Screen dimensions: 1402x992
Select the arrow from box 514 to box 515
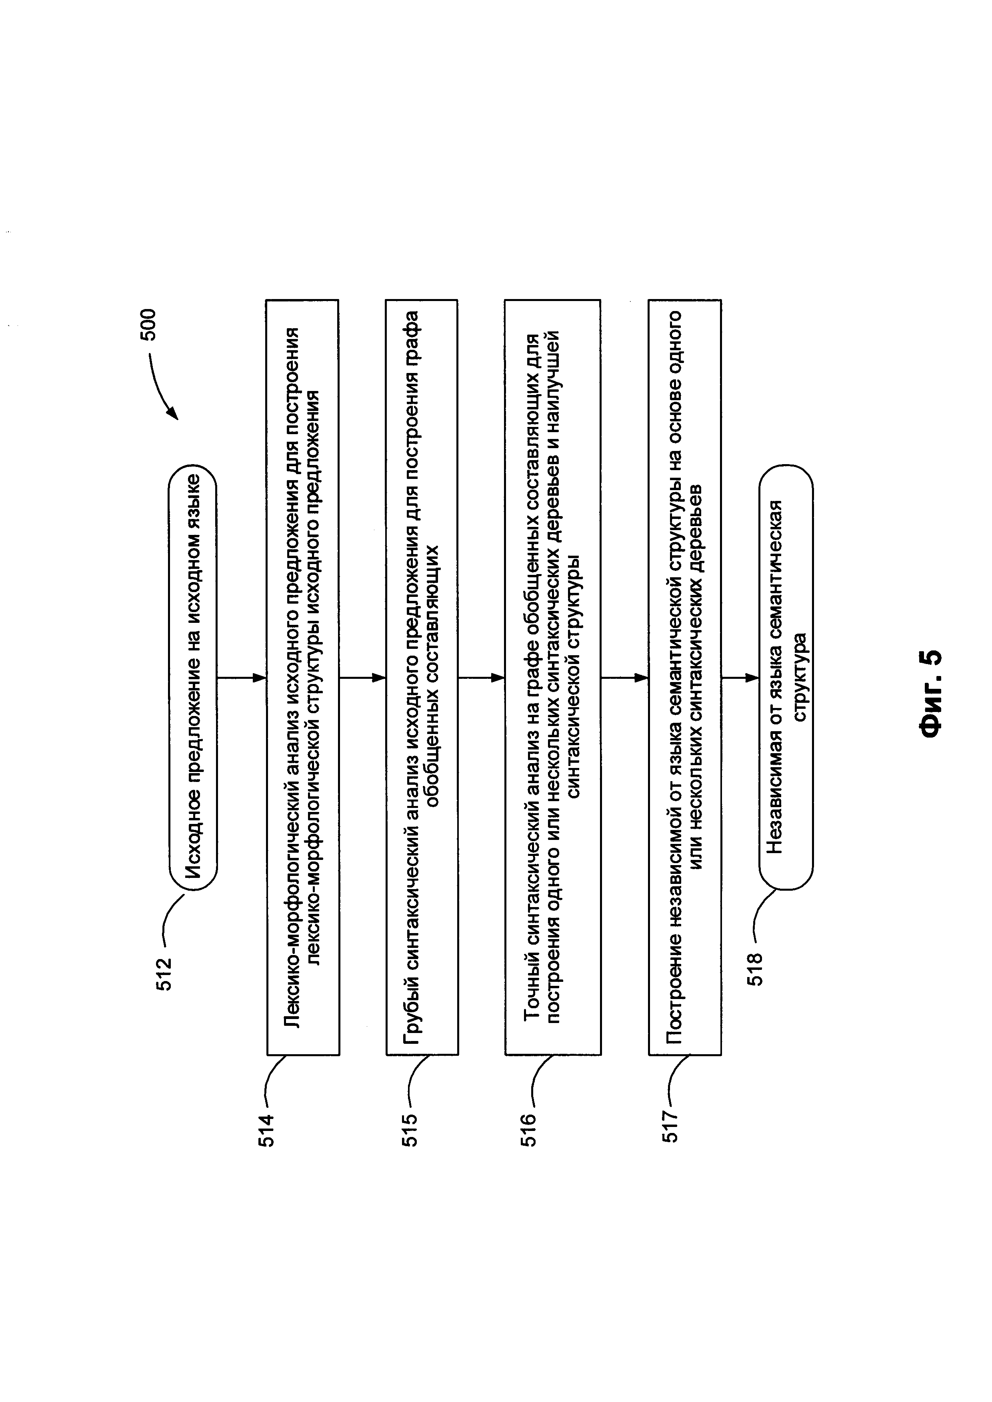(362, 677)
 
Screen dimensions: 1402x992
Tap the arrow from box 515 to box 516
(481, 677)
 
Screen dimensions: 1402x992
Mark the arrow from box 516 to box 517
(625, 677)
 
